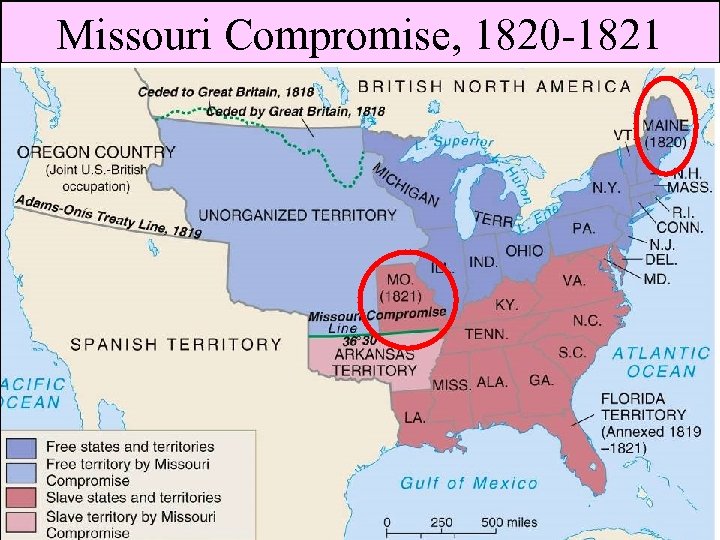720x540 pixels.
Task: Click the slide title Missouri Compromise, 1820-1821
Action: tap(358, 34)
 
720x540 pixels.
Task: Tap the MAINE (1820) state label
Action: tap(664, 134)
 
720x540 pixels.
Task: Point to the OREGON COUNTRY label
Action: tap(96, 153)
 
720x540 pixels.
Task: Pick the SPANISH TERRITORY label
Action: tap(175, 344)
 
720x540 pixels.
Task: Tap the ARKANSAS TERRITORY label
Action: tap(374, 362)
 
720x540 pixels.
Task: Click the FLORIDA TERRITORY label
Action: tap(643, 414)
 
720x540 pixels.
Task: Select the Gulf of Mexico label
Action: tap(468, 483)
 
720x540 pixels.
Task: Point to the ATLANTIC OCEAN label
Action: tap(660, 362)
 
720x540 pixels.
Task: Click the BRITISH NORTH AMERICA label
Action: tap(494, 86)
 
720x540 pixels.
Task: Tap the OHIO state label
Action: tap(525, 250)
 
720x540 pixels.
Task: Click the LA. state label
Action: tap(414, 416)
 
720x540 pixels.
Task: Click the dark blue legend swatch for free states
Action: tap(23, 447)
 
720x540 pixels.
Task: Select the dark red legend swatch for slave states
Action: tap(23, 497)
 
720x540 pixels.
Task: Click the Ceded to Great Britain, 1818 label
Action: tap(211, 92)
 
